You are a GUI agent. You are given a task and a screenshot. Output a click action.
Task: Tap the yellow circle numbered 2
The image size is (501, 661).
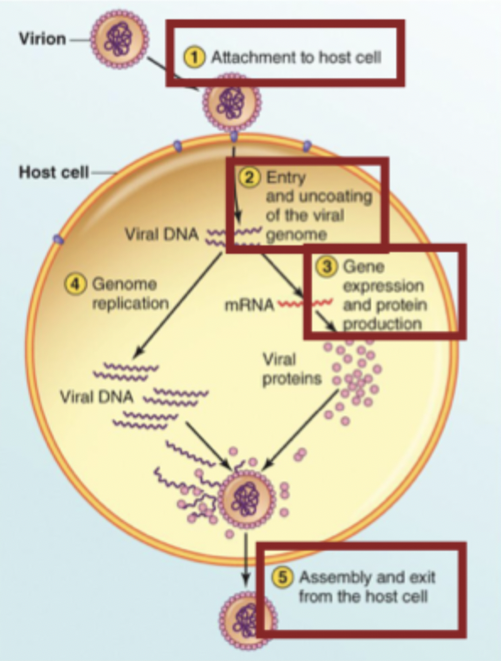[250, 178]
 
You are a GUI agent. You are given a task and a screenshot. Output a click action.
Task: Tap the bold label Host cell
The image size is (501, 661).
[51, 173]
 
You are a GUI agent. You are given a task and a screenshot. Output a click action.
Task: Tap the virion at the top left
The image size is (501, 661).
[120, 38]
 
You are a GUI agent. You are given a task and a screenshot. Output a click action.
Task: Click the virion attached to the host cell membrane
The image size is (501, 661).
[232, 102]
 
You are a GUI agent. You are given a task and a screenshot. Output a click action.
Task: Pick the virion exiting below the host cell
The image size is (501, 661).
[245, 615]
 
